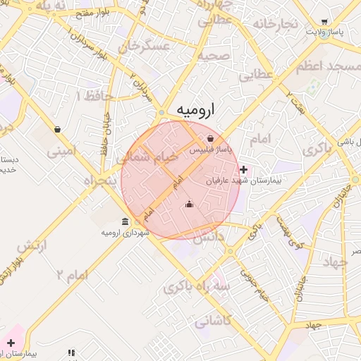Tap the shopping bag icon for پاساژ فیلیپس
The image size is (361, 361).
[x=211, y=138]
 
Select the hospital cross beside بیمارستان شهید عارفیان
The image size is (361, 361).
[x=243, y=169]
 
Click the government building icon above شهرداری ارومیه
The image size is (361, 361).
[x=125, y=221]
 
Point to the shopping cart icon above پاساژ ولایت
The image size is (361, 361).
[x=324, y=22]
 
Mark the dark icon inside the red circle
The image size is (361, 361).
[x=189, y=204]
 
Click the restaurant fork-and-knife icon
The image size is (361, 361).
[x=71, y=353]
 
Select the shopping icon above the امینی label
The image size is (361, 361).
[x=57, y=130]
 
